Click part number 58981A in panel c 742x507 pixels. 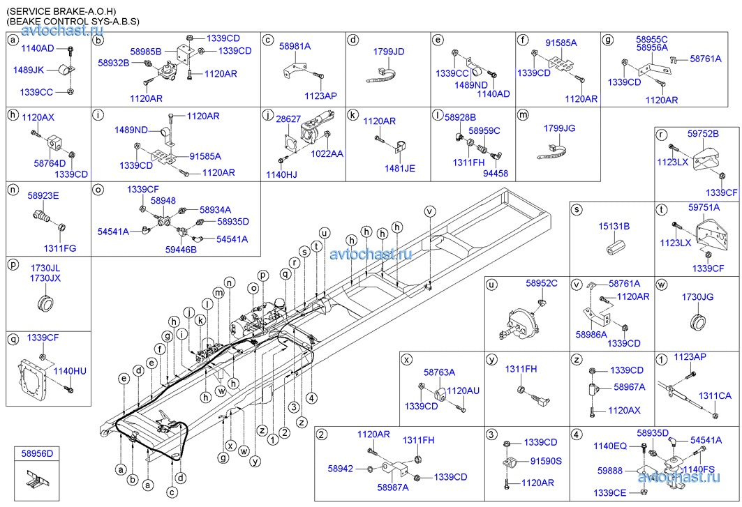click(295, 45)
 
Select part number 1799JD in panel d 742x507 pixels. click(389, 52)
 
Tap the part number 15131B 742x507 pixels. click(614, 227)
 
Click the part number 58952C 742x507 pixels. click(542, 283)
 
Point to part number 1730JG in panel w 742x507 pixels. click(697, 297)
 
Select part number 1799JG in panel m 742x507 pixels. click(559, 128)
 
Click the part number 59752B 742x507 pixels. click(703, 133)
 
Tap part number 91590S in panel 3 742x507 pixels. click(546, 460)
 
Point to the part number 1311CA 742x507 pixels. click(715, 395)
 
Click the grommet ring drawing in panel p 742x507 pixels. click(47, 305)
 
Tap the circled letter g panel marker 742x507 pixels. click(607, 40)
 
